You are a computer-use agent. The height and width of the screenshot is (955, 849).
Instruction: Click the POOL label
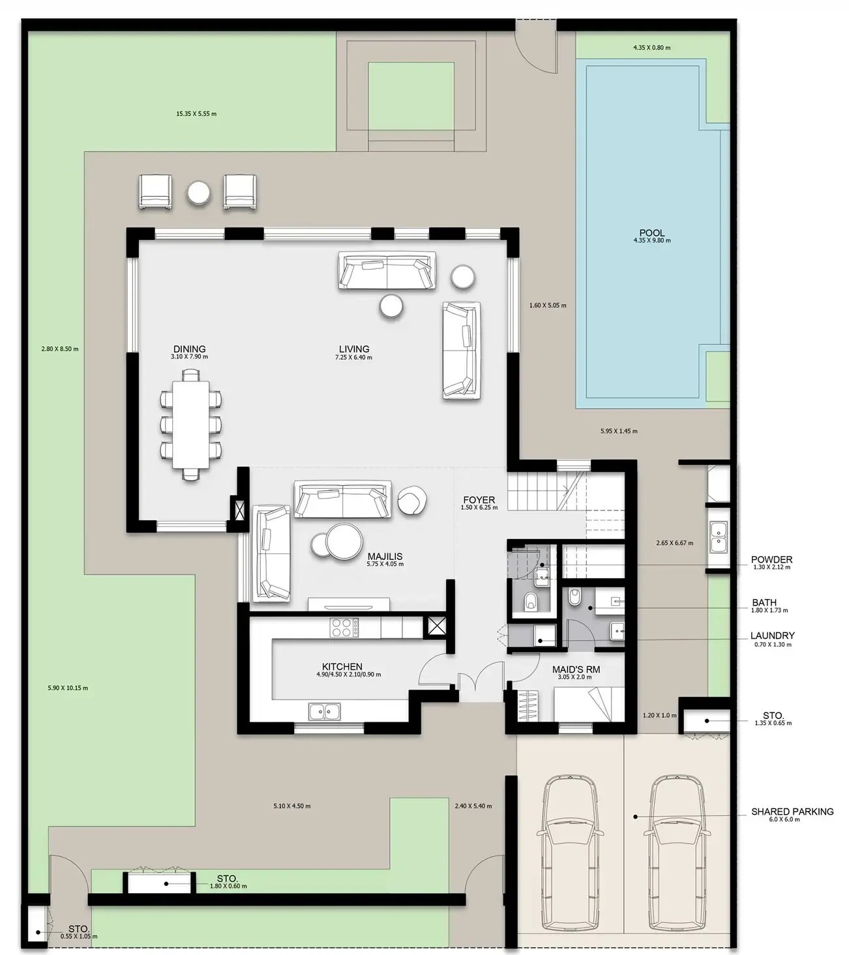click(x=652, y=233)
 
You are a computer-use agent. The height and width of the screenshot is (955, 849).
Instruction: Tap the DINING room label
click(x=189, y=349)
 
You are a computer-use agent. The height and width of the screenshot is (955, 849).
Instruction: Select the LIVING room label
click(x=353, y=349)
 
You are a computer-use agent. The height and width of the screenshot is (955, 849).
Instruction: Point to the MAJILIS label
click(x=385, y=556)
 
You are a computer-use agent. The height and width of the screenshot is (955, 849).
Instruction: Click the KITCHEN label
click(x=342, y=666)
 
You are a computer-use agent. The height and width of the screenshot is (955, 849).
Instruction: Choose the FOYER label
click(x=479, y=499)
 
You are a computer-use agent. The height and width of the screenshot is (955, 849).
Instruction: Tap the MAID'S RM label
click(x=576, y=669)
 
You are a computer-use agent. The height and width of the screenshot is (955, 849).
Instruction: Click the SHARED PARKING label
click(x=792, y=812)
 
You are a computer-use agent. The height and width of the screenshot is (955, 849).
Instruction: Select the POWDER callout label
click(x=771, y=559)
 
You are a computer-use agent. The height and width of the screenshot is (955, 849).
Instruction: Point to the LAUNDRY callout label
click(x=773, y=636)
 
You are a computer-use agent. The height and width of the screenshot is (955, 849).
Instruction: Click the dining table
click(x=190, y=425)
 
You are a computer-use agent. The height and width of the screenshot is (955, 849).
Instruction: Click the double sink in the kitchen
click(x=325, y=711)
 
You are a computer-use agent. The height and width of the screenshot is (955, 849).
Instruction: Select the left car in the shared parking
click(x=571, y=852)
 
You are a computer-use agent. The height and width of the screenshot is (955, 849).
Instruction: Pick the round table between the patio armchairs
click(x=198, y=193)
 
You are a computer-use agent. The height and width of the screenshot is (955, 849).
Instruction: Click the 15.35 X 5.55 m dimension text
click(x=196, y=113)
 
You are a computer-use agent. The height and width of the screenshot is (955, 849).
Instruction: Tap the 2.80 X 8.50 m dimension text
click(x=60, y=349)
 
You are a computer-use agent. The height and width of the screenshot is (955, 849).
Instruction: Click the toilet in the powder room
click(x=531, y=601)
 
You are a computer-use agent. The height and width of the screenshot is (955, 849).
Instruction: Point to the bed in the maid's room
click(x=589, y=704)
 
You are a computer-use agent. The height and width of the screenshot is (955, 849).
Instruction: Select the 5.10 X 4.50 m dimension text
click(x=292, y=806)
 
